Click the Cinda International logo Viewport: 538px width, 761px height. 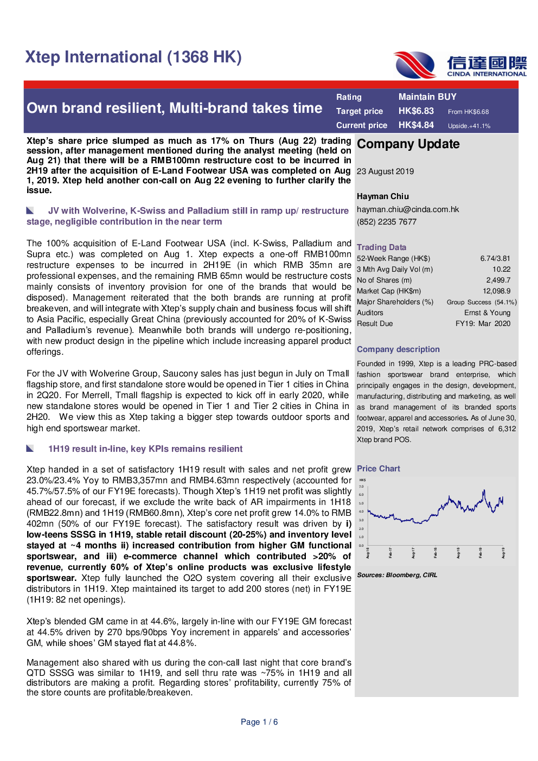[460, 66]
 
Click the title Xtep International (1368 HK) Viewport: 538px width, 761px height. [133, 57]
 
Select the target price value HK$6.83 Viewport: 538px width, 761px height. [416, 111]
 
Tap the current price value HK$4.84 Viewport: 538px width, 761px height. [416, 125]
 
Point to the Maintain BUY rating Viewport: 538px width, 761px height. [427, 97]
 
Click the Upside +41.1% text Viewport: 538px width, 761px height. [469, 126]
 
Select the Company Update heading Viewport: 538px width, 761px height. [408, 144]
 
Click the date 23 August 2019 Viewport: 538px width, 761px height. [385, 171]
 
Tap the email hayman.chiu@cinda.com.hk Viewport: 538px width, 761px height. [407, 209]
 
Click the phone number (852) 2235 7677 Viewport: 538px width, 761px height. [386, 222]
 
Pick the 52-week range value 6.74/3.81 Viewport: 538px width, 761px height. [495, 259]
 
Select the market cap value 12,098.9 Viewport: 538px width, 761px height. [496, 291]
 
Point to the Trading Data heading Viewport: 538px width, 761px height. [381, 247]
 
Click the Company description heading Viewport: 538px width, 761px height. [398, 349]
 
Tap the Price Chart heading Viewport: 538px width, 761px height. [378, 469]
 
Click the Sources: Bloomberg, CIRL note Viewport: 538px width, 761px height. [396, 575]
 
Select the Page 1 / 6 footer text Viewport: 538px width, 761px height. [259, 722]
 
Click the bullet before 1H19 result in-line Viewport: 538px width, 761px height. [30, 449]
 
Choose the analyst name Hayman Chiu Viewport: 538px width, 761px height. [382, 196]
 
